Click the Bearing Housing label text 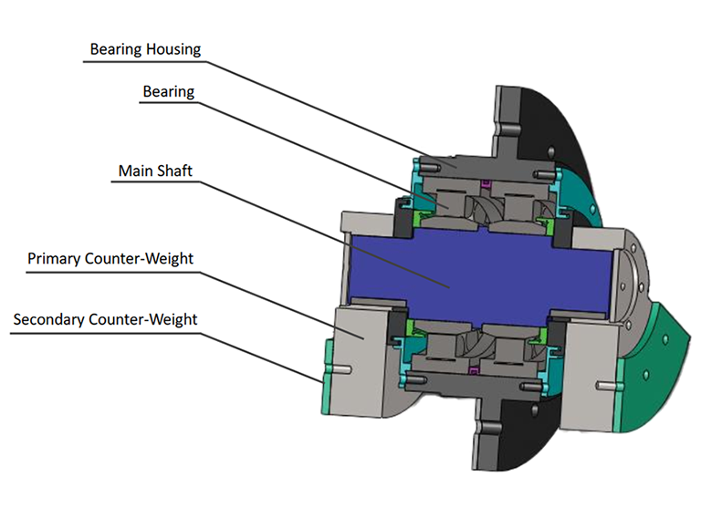click(x=145, y=49)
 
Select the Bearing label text click(x=169, y=91)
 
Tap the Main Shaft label click(x=155, y=171)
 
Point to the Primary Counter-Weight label click(x=110, y=259)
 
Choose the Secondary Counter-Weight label click(x=105, y=319)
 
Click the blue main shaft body click(x=478, y=273)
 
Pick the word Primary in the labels click(x=55, y=259)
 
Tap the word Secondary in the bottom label click(x=49, y=319)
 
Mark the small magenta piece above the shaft click(x=485, y=183)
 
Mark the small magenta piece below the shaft click(x=474, y=369)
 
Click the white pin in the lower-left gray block click(x=344, y=368)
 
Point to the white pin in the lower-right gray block click(x=604, y=385)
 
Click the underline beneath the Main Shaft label click(x=155, y=181)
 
